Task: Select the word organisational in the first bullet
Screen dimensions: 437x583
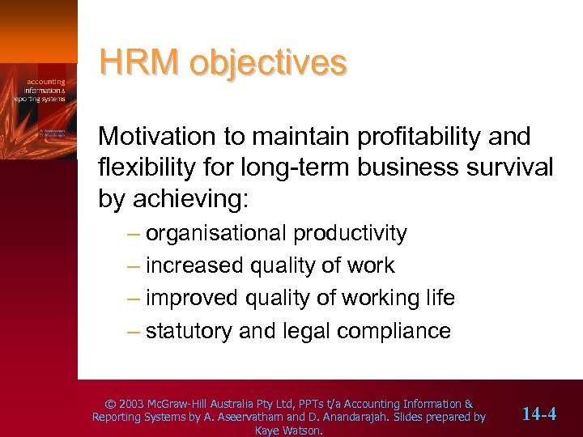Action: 217,234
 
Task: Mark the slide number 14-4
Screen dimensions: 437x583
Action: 539,414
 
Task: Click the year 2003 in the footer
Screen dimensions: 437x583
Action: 132,404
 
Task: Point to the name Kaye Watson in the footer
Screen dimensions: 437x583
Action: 288,431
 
